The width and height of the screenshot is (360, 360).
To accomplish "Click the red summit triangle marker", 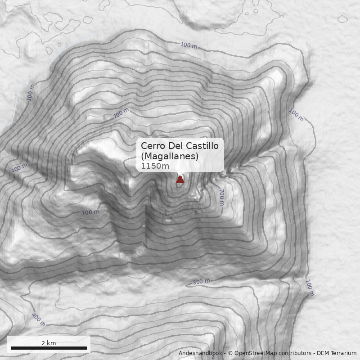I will (x=180, y=179).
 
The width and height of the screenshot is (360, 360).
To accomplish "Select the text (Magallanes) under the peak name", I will (x=169, y=156).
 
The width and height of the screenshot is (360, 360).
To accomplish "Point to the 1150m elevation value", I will (x=155, y=166).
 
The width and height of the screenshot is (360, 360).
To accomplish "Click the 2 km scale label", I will (x=49, y=343).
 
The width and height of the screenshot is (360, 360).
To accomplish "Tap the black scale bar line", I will (x=49, y=348).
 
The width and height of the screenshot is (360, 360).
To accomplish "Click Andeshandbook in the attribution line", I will (x=200, y=353).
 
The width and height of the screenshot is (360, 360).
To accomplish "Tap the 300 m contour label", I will (x=201, y=282).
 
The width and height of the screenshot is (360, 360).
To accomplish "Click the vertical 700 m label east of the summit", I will (x=221, y=197).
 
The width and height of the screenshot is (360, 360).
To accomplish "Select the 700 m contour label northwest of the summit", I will (x=121, y=113).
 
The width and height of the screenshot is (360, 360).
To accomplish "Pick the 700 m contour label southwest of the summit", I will (x=90, y=212).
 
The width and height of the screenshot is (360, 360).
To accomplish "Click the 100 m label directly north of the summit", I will (x=189, y=45).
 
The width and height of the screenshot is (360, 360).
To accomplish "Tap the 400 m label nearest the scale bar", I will (x=38, y=319).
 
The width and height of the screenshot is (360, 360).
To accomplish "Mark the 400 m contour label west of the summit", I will (x=19, y=168).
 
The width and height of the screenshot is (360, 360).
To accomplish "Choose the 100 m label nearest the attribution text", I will (x=310, y=288).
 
